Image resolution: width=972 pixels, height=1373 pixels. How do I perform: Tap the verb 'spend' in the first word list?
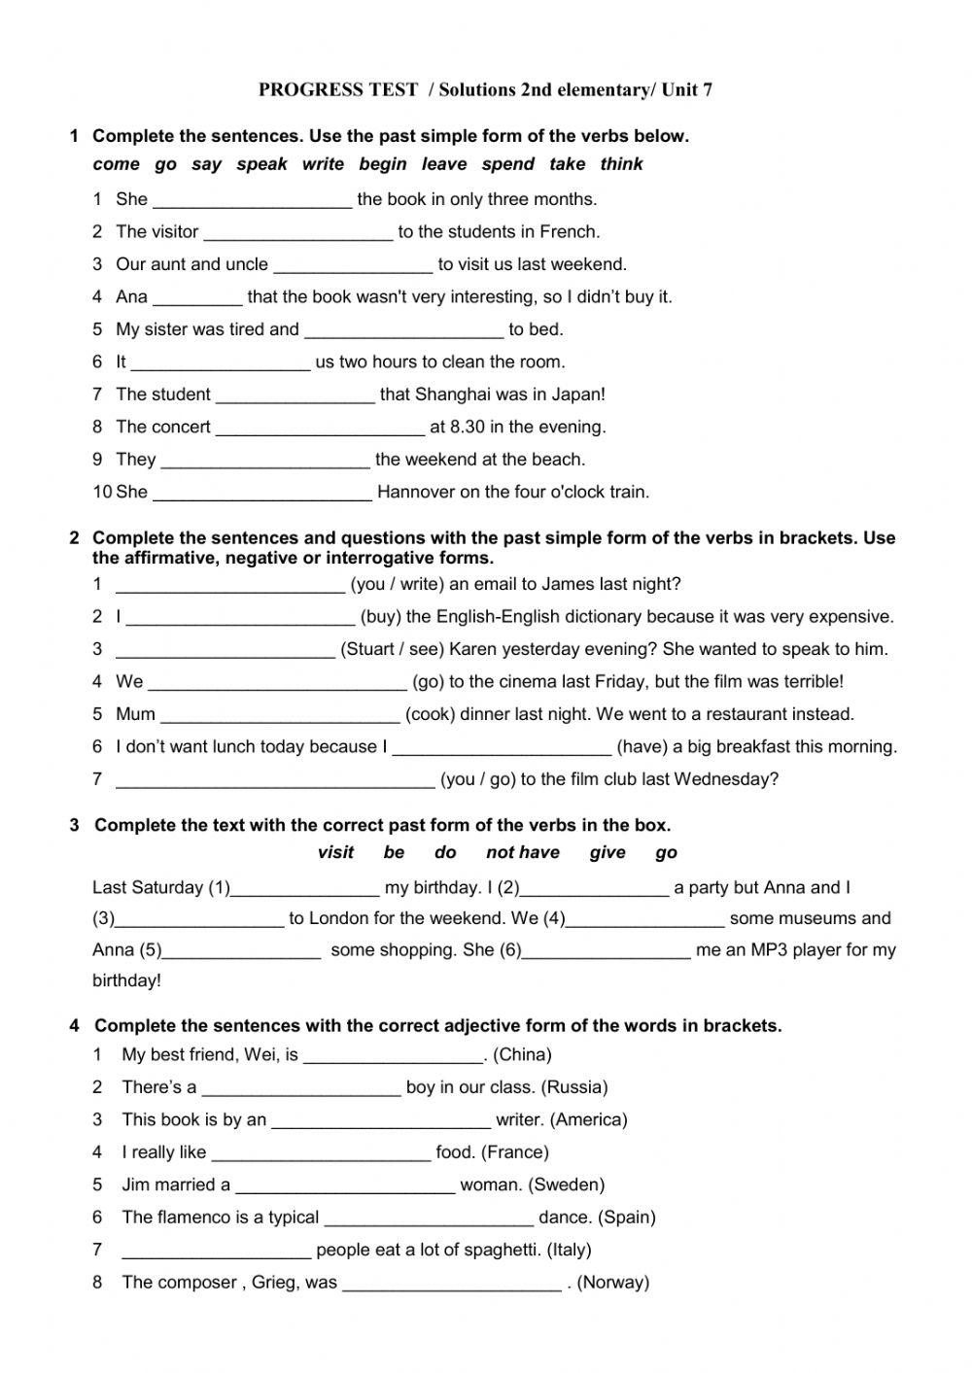click(508, 164)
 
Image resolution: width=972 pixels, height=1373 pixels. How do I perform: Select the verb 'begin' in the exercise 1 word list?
click(383, 164)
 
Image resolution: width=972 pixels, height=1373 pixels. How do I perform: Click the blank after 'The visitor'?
click(298, 233)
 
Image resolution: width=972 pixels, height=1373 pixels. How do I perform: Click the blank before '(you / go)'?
click(275, 780)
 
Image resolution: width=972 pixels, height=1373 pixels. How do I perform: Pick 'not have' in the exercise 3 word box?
click(523, 853)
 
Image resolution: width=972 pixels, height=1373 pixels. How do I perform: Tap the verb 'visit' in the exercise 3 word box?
click(335, 853)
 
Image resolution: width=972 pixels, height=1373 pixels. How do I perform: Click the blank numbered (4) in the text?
click(645, 919)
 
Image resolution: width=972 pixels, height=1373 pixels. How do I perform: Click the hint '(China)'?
click(522, 1054)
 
